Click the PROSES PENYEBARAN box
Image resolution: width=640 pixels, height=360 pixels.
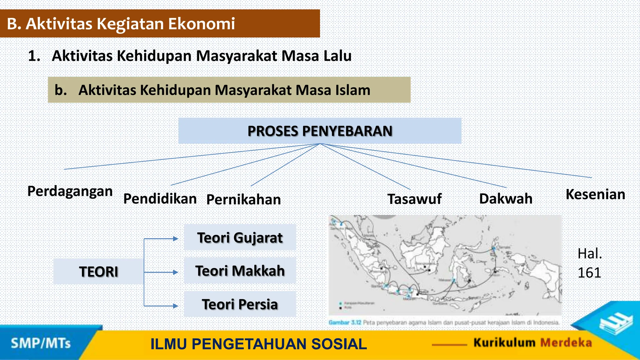[x=320, y=131]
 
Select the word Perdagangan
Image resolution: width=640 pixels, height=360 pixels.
[x=70, y=191]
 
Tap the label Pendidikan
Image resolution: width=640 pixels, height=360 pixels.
[x=160, y=199]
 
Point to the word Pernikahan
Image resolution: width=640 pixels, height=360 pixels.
[x=243, y=200]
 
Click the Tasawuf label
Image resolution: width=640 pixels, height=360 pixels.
[x=414, y=199]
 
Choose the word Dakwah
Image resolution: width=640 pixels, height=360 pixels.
[x=506, y=199]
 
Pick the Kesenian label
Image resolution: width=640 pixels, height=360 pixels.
[x=595, y=194]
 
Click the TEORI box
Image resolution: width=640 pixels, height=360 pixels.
[x=98, y=272]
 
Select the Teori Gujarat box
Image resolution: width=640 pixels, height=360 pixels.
[x=240, y=238]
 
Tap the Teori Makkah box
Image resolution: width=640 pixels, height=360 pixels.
[x=240, y=271]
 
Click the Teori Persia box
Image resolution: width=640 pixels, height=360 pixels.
[x=240, y=304]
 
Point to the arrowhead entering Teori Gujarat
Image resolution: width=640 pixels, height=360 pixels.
[x=176, y=239]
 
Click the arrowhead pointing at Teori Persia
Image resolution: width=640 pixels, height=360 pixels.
[x=176, y=306]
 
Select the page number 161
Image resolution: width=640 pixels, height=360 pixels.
[x=589, y=273]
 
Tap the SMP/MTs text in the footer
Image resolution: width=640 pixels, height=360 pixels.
[x=41, y=343]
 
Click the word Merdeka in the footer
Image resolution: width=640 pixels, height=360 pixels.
[x=566, y=343]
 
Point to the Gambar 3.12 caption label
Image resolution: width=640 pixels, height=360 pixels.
[x=345, y=322]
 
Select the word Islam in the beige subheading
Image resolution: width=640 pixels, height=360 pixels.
[x=353, y=90]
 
